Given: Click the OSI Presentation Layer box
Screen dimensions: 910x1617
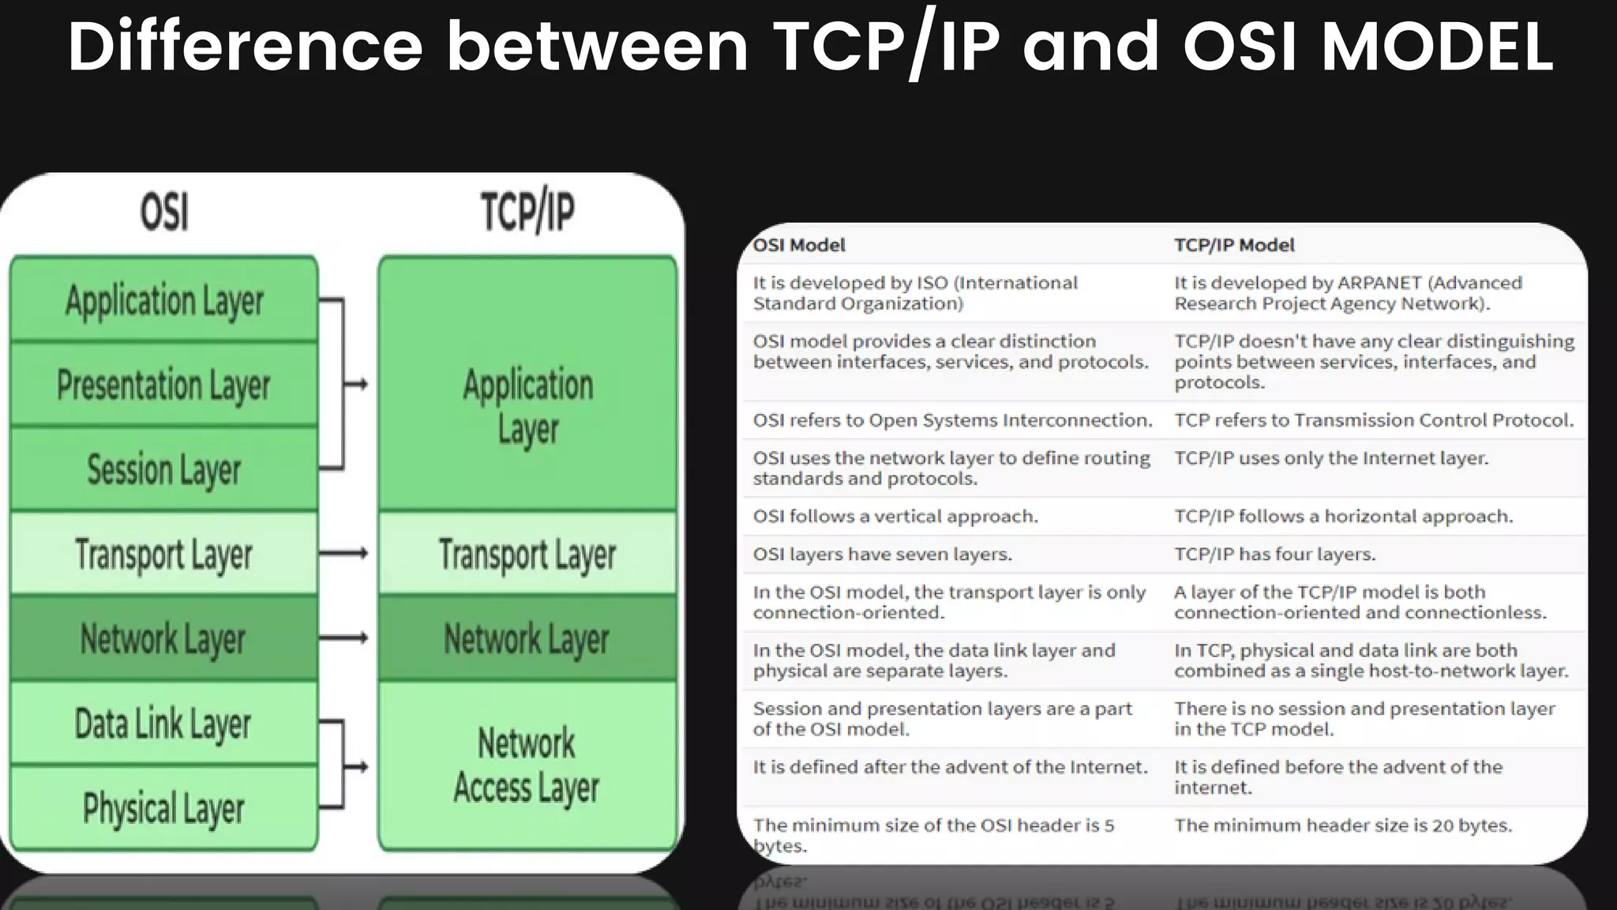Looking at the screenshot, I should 163,385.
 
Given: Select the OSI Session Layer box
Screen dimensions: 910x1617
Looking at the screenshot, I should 163,469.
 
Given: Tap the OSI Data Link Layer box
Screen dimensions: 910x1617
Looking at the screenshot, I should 163,724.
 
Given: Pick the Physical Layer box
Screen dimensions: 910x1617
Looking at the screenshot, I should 163,808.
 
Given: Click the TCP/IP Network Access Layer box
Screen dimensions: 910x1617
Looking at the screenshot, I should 527,765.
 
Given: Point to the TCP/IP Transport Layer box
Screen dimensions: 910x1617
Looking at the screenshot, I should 527,554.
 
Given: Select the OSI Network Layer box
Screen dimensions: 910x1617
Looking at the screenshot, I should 163,638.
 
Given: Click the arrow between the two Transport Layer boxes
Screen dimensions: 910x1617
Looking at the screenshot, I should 344,554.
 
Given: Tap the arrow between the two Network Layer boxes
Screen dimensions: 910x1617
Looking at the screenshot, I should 344,638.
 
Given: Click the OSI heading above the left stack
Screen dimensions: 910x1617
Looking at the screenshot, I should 164,212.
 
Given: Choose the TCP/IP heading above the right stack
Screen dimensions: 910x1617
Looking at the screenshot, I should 527,212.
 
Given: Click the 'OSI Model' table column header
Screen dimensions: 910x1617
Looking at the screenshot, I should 799,245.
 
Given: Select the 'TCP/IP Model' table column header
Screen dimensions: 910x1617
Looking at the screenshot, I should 1234,245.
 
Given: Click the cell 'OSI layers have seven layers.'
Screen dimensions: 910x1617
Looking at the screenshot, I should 882,555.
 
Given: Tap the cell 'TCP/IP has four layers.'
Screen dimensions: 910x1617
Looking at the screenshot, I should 1274,555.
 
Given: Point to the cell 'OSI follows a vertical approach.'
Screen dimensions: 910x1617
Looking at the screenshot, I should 895,517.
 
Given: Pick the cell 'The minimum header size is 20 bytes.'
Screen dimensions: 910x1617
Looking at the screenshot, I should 1342,825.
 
